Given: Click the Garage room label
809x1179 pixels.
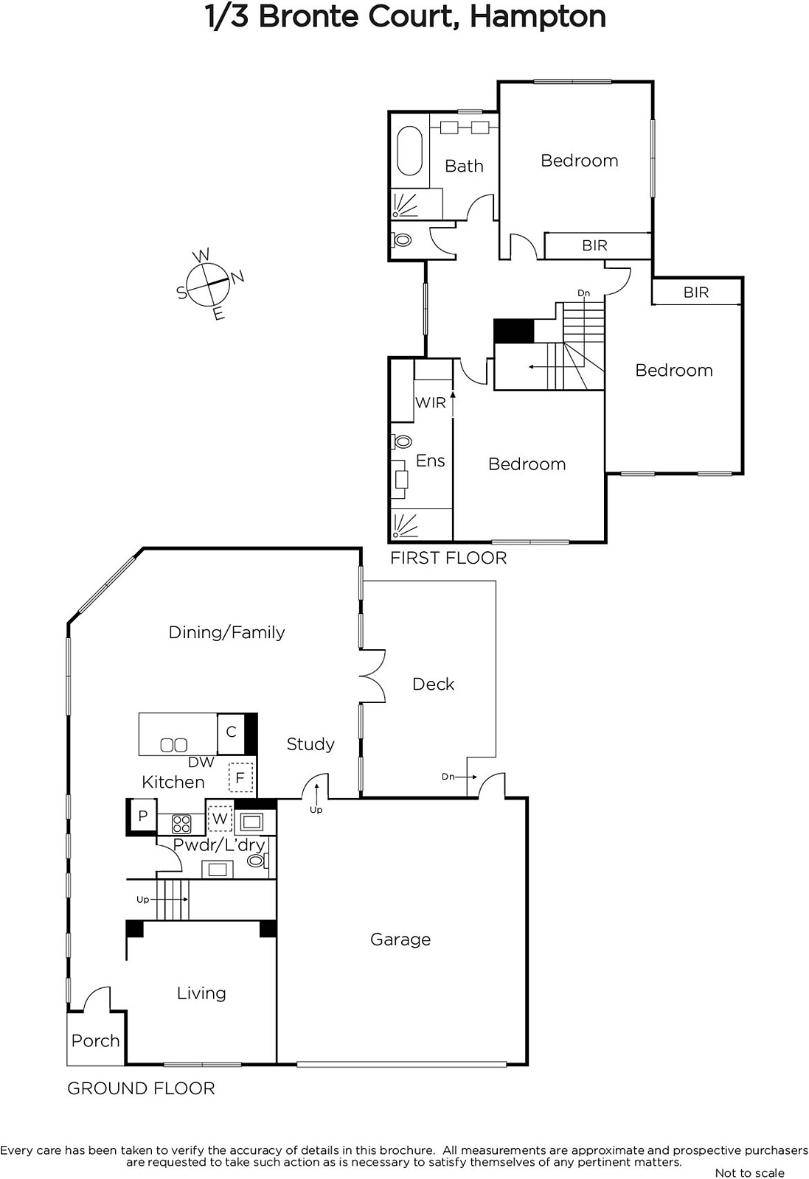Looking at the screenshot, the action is click(x=400, y=940).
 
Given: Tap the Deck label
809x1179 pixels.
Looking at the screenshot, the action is click(x=433, y=684).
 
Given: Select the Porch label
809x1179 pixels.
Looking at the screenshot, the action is click(x=95, y=1040).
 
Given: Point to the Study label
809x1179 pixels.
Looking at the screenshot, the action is click(x=310, y=744).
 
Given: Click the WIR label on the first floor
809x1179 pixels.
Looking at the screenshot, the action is click(x=430, y=402).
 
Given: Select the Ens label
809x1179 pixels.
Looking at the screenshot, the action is click(x=430, y=461).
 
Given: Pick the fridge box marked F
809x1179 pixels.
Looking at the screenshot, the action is click(x=240, y=778).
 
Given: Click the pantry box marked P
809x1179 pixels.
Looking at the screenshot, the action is click(x=143, y=816).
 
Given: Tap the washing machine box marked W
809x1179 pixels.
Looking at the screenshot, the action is click(x=220, y=819).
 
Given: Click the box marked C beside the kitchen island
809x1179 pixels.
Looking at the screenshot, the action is click(x=231, y=733).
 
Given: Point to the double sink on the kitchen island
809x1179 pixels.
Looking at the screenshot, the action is click(x=174, y=745).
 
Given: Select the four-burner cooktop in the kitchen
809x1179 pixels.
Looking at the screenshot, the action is click(x=181, y=825).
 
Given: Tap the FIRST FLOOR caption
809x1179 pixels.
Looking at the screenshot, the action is click(x=448, y=558).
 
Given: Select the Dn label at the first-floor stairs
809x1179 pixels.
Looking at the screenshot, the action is click(x=583, y=293).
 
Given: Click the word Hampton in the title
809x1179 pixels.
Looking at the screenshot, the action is click(x=538, y=17).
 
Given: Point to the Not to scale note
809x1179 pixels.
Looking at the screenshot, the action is click(x=749, y=1172).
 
